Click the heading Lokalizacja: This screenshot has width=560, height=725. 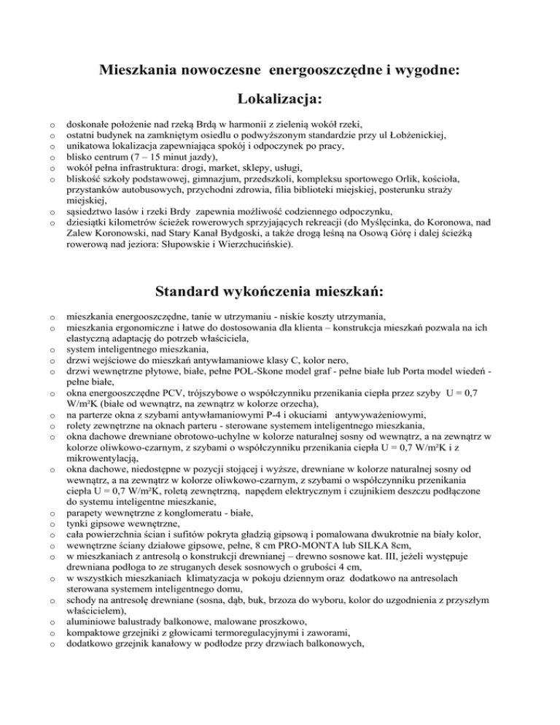pyautogui.click(x=281, y=98)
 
